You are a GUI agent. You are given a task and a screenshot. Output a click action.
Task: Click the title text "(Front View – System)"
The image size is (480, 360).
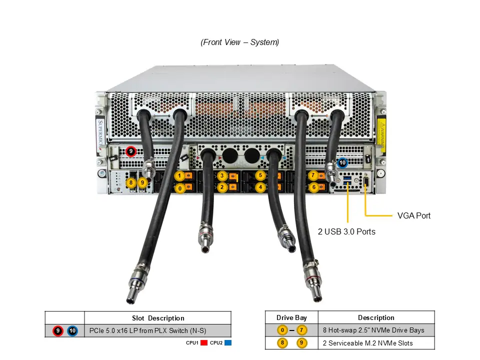pos(240,42)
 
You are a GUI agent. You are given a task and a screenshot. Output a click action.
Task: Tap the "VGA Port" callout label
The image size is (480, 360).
pos(413,216)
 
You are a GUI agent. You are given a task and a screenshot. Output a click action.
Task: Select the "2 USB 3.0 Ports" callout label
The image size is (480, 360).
pos(346,231)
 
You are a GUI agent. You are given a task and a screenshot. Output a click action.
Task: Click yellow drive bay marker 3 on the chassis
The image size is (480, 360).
pos(222,176)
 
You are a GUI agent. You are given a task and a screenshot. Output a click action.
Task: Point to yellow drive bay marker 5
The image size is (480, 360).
pos(260,175)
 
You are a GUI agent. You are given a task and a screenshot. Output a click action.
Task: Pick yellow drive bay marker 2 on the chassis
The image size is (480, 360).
pos(222,187)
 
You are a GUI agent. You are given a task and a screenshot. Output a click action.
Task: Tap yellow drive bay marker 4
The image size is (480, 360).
pos(260,187)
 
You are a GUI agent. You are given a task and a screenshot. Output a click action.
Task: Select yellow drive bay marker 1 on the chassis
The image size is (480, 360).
pos(179,176)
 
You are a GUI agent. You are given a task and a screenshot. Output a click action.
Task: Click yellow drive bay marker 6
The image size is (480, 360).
pos(313,187)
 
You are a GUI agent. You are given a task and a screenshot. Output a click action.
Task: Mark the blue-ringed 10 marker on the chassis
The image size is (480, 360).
pos(342,162)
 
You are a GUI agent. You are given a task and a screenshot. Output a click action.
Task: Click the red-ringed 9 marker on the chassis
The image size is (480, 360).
pos(130,150)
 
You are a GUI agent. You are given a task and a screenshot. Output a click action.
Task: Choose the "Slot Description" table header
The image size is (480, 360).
pos(157,318)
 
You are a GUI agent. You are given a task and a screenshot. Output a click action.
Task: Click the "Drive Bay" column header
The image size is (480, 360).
pos(291,317)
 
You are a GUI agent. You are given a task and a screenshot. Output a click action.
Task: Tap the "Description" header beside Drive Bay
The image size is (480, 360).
pos(376,317)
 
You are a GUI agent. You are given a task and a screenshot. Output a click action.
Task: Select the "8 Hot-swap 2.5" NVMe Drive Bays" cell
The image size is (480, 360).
pos(374,330)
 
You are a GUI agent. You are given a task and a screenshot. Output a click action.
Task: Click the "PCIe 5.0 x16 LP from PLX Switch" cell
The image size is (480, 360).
pos(147,330)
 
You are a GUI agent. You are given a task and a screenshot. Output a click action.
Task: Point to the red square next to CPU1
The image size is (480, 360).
pos(203,343)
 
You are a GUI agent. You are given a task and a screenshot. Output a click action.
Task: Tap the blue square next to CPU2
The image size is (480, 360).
pos(228,343)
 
